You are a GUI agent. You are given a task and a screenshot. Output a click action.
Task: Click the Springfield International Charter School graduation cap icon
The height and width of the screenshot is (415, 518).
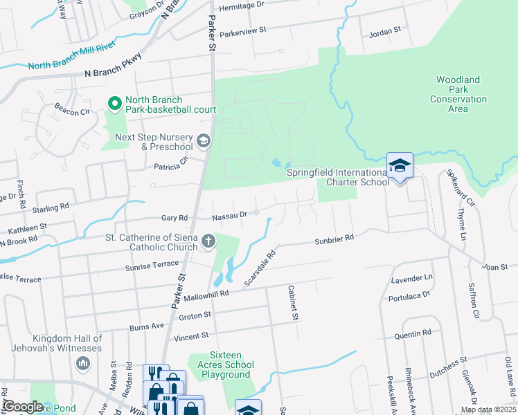tap(400, 165)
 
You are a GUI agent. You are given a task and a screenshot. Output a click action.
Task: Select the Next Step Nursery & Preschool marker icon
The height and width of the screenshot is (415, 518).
tap(203, 142)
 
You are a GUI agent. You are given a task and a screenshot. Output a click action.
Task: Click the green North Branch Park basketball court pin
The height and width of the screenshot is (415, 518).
tap(114, 104)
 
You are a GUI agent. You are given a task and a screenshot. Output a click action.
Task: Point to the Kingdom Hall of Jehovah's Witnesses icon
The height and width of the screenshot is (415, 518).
tap(84, 363)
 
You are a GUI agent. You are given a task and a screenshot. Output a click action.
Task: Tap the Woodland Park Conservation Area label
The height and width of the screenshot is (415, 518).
tap(458, 94)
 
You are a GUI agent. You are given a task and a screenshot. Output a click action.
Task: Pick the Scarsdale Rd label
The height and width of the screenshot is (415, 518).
tap(260, 268)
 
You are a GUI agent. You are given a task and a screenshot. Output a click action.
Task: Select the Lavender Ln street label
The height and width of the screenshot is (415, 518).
tap(411, 278)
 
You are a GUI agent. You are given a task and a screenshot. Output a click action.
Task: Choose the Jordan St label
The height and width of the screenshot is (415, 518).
tap(386, 31)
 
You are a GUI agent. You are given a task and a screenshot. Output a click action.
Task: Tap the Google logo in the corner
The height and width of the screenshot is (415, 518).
tap(23, 407)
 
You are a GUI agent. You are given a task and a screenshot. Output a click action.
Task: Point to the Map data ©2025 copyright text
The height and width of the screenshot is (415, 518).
tap(488, 409)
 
